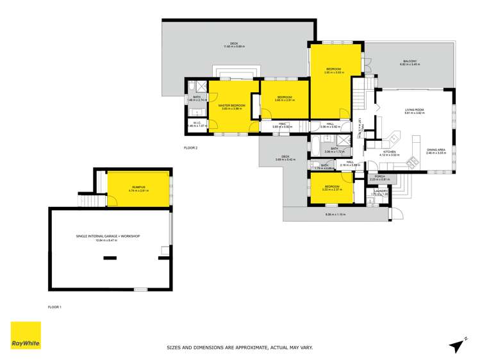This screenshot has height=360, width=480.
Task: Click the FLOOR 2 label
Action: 190,148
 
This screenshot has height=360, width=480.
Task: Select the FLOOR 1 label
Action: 55,307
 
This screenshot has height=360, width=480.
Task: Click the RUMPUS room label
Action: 138,188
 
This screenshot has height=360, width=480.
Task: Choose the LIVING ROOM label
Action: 415,111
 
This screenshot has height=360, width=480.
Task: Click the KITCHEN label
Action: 389,152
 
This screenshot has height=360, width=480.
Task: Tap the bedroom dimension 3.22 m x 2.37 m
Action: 332,190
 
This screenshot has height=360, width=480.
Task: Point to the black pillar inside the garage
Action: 110,258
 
